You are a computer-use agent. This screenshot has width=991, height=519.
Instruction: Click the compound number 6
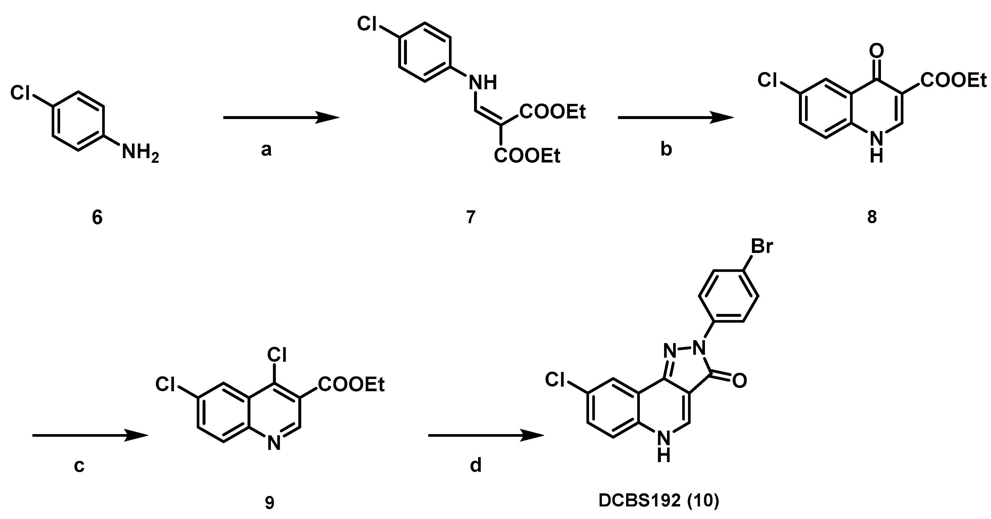coord(97,218)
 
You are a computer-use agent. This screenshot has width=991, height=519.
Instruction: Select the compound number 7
coord(471,217)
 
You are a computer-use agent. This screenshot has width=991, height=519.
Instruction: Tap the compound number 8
coord(872,217)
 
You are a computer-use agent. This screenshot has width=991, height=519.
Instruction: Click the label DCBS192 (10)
coord(659,501)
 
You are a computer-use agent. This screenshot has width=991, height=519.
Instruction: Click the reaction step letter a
coord(266,150)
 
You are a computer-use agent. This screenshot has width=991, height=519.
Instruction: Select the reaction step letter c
coord(79,466)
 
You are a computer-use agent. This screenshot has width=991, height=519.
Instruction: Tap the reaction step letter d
coord(476,466)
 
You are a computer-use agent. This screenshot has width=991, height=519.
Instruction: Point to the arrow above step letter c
coord(90,435)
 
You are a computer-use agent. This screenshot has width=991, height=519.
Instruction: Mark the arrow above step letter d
coord(486,435)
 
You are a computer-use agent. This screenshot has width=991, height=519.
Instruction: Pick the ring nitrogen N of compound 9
coord(274,444)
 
